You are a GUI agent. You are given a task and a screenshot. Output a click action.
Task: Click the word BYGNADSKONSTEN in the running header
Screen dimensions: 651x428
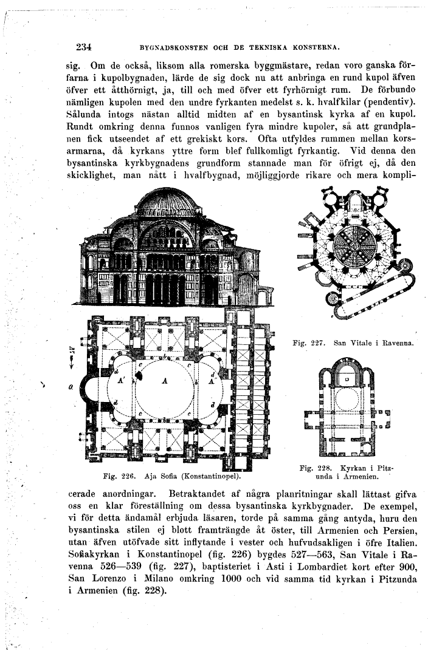pyautogui.click(x=179, y=47)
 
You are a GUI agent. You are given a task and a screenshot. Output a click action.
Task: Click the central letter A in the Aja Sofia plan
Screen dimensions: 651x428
pyautogui.click(x=164, y=381)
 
